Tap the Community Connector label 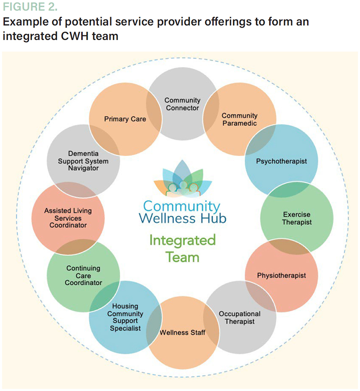click(182, 104)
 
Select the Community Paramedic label click(239, 120)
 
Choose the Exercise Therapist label click(297, 218)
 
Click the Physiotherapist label click(281, 275)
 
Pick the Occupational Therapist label click(239, 318)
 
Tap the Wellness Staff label click(183, 333)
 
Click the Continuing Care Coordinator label click(84, 276)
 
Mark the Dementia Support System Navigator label click(84, 160)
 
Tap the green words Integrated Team click(183, 248)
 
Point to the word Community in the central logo click(183, 206)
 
